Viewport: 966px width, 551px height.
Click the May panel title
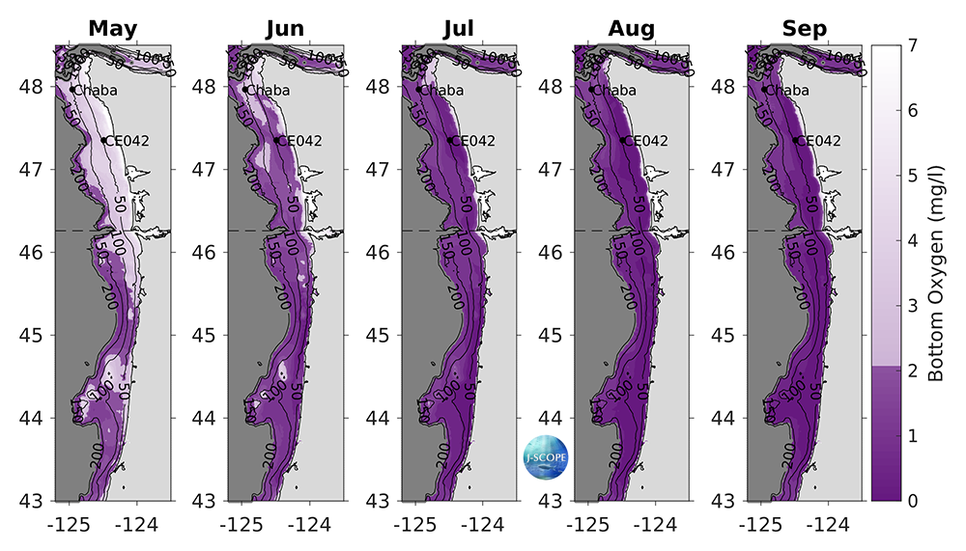tap(113, 29)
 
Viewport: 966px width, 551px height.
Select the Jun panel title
tap(285, 29)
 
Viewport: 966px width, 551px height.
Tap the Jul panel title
tap(458, 29)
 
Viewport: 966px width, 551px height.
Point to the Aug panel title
tap(632, 29)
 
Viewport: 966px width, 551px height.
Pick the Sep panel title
tap(805, 29)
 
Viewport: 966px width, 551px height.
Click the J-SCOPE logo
tap(540, 454)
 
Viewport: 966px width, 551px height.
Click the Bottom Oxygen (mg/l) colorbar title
tap(935, 273)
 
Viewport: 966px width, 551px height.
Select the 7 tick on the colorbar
tap(912, 45)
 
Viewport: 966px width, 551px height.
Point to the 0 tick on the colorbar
tap(912, 501)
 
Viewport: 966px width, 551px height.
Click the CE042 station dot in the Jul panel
tap(450, 140)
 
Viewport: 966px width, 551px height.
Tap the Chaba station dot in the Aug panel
tap(591, 90)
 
